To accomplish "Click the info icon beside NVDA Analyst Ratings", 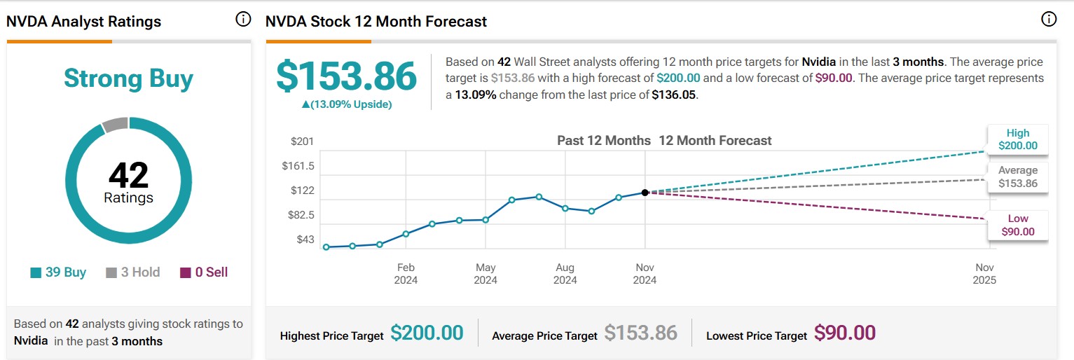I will point(243,20).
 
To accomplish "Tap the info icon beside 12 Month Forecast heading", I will point(1049,20).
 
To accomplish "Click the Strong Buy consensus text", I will point(128,78).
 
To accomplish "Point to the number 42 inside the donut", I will point(128,175).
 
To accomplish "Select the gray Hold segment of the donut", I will point(115,125).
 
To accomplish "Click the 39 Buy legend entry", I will point(58,272).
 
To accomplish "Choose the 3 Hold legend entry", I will point(133,272).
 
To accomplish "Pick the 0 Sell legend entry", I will point(204,272).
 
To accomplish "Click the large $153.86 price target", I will point(346,76).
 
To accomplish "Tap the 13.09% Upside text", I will point(346,104).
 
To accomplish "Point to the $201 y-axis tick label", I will point(303,142).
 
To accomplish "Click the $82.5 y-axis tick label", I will point(301,215).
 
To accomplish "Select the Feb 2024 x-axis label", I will point(406,274).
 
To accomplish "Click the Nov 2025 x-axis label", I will point(984,274).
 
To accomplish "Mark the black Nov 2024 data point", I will point(645,192).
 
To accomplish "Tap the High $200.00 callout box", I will point(1018,139).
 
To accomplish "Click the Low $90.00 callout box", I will point(1018,226).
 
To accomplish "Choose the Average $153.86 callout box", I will point(1018,177).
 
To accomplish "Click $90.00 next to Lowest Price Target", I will point(845,333).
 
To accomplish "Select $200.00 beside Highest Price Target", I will point(427,333).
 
